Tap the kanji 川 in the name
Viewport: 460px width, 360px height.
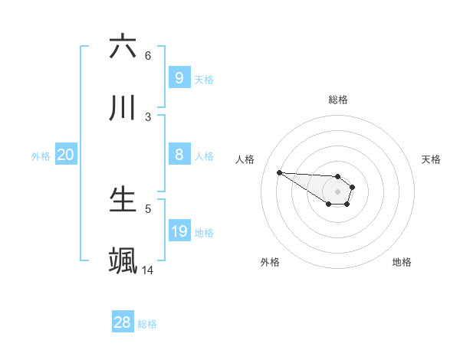[123, 108]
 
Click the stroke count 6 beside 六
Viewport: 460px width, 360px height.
[148, 55]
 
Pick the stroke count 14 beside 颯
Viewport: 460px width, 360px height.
[148, 270]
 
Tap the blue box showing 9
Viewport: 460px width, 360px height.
[179, 77]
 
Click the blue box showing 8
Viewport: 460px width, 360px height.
[179, 155]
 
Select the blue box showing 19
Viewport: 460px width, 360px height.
[179, 231]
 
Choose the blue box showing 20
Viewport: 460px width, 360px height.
[65, 155]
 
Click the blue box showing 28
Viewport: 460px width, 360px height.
[122, 322]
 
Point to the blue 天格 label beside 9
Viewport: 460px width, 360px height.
[204, 79]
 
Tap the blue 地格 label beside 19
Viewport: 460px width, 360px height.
[204, 233]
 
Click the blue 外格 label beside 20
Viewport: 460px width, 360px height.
[41, 156]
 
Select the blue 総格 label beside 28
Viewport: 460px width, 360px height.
[147, 324]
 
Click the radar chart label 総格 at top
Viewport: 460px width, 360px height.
[338, 100]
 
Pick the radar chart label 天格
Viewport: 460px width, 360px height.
[432, 159]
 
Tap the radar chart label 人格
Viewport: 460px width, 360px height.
[245, 159]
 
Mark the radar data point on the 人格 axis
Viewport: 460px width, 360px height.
[279, 172]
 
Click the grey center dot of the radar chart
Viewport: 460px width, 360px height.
[338, 191]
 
